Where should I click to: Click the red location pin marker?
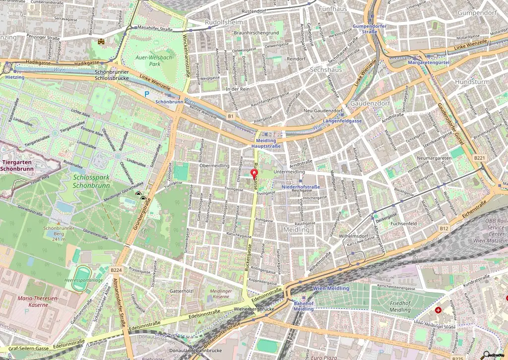tap(254, 174)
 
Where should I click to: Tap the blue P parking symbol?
tap(146, 93)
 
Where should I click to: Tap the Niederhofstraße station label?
tap(300, 187)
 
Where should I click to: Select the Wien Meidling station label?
tap(331, 288)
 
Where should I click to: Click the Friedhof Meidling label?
tap(392, 306)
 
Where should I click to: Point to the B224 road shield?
tap(116, 270)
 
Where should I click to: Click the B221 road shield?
tap(479, 158)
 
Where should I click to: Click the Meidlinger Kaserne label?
tap(221, 294)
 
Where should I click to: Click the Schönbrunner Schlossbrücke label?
tap(112, 75)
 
